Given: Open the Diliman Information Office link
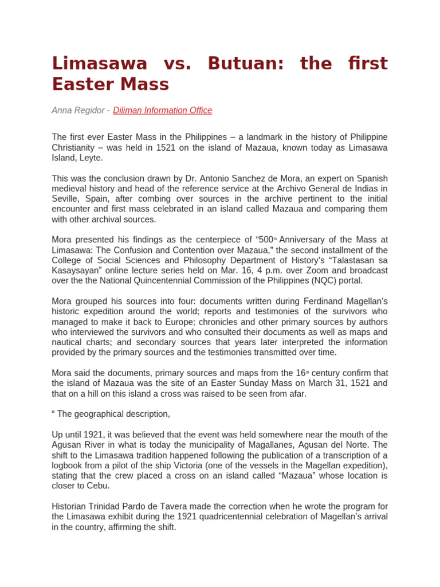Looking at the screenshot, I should [x=163, y=110].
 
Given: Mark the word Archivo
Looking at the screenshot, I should [x=282, y=189].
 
